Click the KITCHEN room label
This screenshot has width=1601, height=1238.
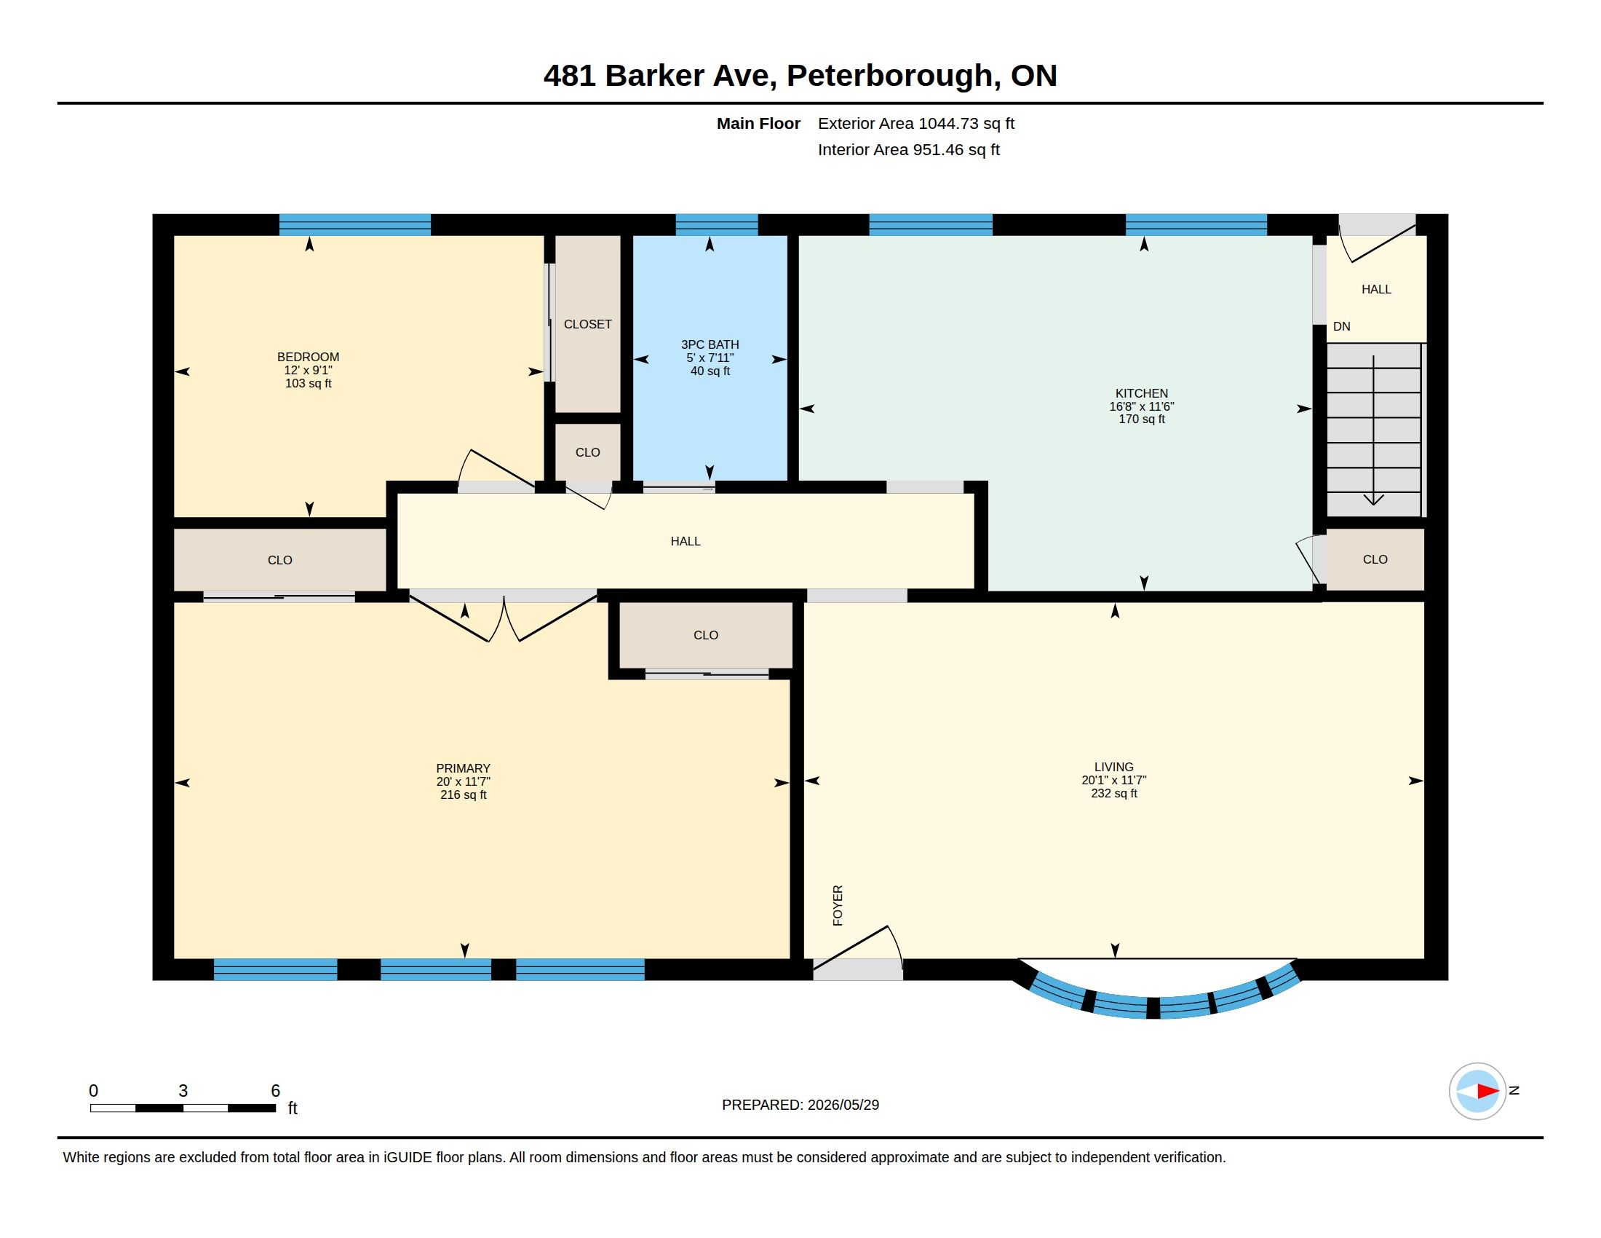tap(1141, 393)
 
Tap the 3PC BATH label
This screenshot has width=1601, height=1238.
tap(710, 344)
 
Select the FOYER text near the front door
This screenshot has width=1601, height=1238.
tap(838, 905)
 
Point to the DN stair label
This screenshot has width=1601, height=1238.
tap(1341, 326)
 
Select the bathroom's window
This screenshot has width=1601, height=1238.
tap(716, 224)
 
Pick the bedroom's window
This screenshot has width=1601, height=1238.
tap(355, 224)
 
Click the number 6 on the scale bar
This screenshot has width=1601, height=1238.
tap(276, 1091)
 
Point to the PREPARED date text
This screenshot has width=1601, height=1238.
tap(800, 1105)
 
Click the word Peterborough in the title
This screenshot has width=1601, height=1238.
tap(889, 76)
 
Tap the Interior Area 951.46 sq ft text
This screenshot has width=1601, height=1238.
tap(908, 149)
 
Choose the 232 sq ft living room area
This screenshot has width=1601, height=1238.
tap(1113, 794)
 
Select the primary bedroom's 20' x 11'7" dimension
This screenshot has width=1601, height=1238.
tap(464, 782)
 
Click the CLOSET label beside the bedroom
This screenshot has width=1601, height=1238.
tap(587, 324)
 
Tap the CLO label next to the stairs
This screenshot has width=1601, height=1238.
tap(1375, 559)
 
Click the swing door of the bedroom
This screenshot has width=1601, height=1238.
tap(496, 470)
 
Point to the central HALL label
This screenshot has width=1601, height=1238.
tap(686, 541)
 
